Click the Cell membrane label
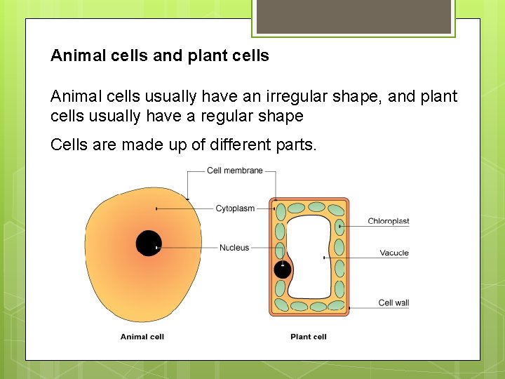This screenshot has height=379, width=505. [234, 171]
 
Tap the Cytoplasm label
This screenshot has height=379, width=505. [235, 208]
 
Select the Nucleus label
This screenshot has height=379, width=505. [234, 248]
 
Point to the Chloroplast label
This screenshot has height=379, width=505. [388, 222]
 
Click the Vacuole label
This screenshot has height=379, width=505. [394, 253]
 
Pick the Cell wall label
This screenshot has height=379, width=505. [393, 303]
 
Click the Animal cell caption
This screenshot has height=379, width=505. [142, 337]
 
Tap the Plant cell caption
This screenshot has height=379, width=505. [309, 337]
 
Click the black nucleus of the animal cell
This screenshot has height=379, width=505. [148, 243]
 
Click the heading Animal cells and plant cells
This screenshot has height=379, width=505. [160, 56]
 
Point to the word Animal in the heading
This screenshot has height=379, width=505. [76, 56]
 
